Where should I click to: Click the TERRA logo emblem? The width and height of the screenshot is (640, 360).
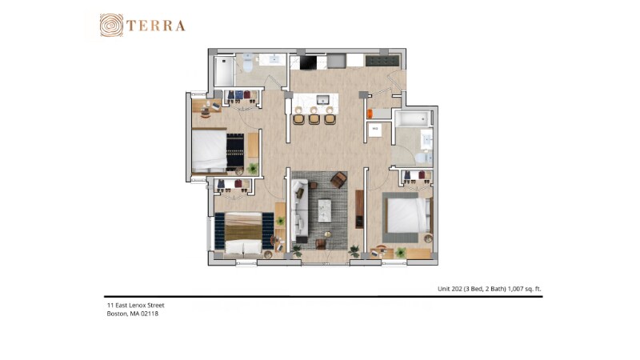click(112, 26)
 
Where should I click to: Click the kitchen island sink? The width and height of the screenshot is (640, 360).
click(322, 100)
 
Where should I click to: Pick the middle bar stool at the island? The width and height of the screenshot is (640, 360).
click(314, 118)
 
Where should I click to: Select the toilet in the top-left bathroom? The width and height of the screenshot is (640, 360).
click(248, 65)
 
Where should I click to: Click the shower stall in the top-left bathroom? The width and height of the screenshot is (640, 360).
click(224, 72)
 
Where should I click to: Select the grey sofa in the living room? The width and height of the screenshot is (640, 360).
click(301, 212)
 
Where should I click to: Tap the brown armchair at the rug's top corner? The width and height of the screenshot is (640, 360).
click(338, 180)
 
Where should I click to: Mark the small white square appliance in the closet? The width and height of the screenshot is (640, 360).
click(374, 129)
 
